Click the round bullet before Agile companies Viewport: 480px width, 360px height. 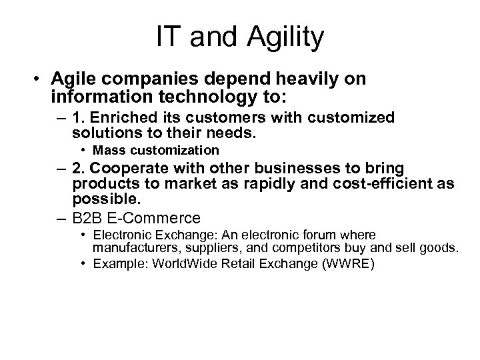tap(41, 79)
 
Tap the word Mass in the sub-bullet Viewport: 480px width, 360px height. tap(107, 150)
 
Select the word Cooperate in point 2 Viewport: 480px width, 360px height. tap(127, 169)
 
